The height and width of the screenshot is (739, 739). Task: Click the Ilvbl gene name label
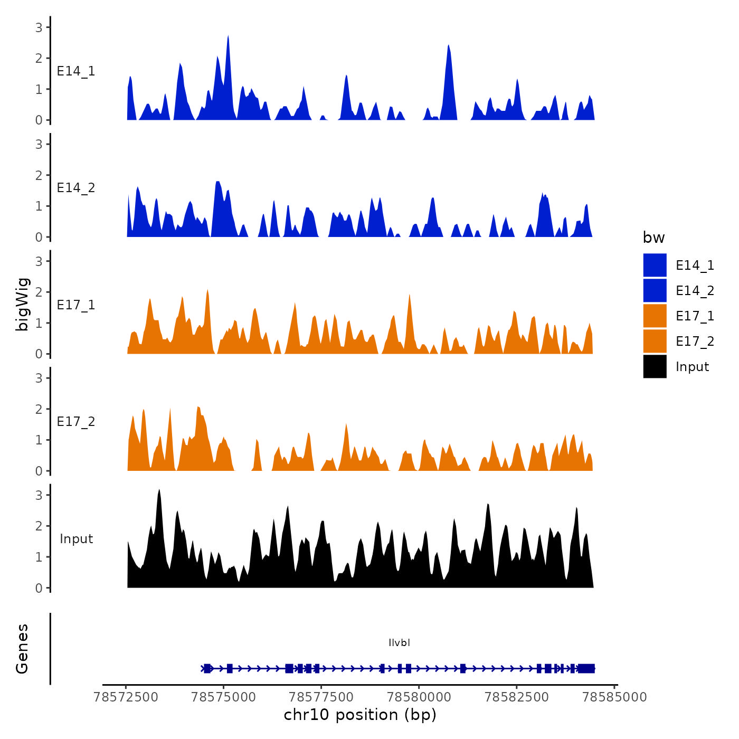[x=399, y=642]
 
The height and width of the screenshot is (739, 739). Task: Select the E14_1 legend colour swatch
[x=655, y=265]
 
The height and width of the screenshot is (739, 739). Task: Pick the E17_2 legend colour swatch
[x=655, y=341]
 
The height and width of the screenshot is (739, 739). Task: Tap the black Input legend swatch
[x=655, y=366]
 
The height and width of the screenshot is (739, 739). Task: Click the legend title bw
[x=653, y=238]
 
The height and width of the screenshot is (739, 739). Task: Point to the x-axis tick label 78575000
[x=223, y=697]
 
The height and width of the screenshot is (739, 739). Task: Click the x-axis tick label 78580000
[x=419, y=697]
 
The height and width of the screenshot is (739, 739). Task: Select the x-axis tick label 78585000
[x=614, y=697]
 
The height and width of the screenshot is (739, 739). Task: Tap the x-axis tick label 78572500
[x=126, y=697]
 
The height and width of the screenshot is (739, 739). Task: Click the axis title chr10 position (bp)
[x=360, y=715]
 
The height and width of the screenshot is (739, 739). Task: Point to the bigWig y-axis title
[x=22, y=305]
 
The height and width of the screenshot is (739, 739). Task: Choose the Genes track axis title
[x=22, y=649]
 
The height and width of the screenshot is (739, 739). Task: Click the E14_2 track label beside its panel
[x=76, y=188]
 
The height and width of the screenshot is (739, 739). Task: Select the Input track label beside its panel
[x=76, y=539]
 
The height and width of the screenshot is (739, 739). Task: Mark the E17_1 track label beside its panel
[x=76, y=305]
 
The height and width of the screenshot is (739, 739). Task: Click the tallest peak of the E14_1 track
[x=228, y=37]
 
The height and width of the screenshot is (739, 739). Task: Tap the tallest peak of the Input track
[x=159, y=491]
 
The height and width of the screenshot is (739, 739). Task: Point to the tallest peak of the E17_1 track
[x=207, y=290]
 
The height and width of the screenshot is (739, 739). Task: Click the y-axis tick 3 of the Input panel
[x=39, y=495]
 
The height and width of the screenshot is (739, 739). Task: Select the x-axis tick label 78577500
[x=321, y=697]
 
